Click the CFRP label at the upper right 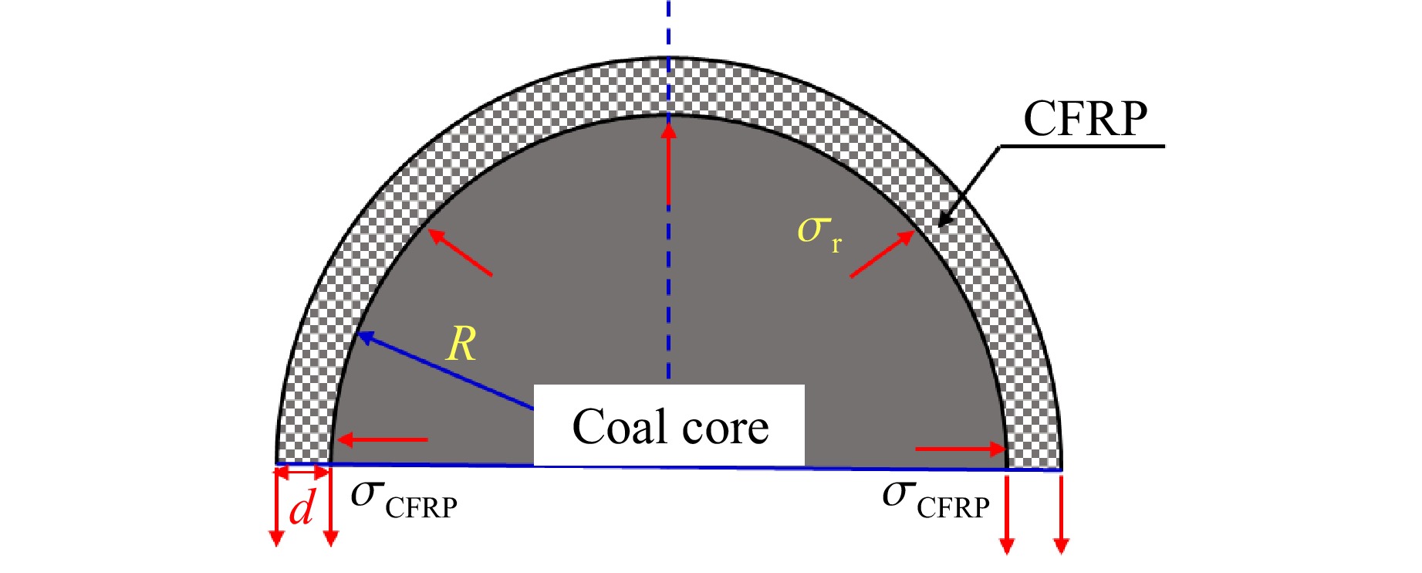[x=1085, y=119]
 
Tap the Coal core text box [x=670, y=426]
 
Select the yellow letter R [x=462, y=344]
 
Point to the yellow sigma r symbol [x=818, y=232]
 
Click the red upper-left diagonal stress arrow [x=460, y=253]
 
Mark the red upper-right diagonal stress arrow [x=882, y=255]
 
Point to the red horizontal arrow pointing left [x=383, y=440]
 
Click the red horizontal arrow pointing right [x=961, y=449]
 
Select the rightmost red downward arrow [x=1061, y=514]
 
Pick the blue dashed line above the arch [x=669, y=28]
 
